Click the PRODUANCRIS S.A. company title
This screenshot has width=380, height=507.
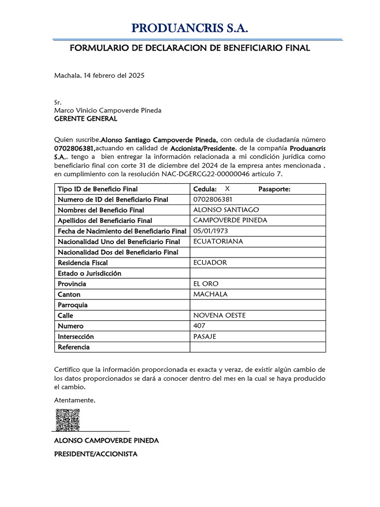tap(190, 29)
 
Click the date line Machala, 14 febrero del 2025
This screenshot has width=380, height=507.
tap(99, 76)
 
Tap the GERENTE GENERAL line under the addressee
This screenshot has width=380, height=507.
tap(85, 119)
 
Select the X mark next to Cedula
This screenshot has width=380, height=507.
tap(227, 189)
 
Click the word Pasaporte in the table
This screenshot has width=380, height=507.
tap(274, 189)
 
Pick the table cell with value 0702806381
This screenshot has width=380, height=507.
tap(213, 200)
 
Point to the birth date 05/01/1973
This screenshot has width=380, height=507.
tap(211, 231)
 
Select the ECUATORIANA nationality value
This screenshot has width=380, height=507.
tap(218, 241)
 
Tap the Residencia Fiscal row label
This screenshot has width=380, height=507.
tap(83, 262)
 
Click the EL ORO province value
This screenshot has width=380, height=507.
tap(205, 284)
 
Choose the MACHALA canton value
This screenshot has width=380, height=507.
tap(210, 294)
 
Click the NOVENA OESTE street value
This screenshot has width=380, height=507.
tap(219, 315)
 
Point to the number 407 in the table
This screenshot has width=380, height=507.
tap(199, 326)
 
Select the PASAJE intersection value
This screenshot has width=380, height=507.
tap(204, 336)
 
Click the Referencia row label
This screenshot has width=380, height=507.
tap(74, 347)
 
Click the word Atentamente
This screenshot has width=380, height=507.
tap(74, 400)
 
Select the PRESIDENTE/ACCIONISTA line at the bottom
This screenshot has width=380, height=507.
tap(95, 454)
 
